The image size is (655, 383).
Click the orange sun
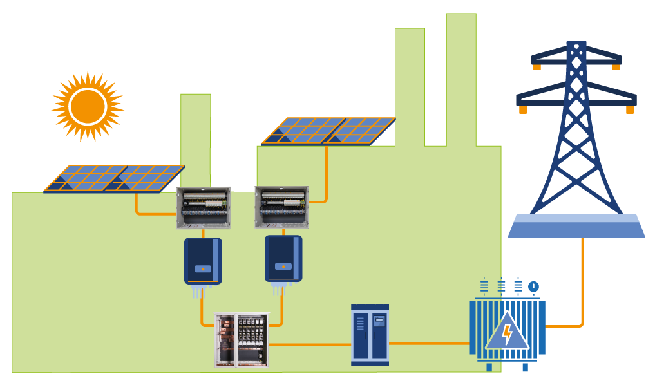(x=88, y=106)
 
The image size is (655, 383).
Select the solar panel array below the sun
(x=114, y=178)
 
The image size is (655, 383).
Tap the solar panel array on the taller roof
(x=328, y=131)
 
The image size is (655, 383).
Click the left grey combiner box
(x=204, y=207)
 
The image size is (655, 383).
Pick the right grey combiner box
(x=281, y=207)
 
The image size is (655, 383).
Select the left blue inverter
(x=203, y=261)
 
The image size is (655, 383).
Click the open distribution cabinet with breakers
(x=242, y=340)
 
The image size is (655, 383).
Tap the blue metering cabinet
(x=370, y=335)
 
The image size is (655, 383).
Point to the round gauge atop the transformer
(x=533, y=286)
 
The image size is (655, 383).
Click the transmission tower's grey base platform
(x=576, y=227)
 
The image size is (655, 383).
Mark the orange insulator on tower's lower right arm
(x=629, y=110)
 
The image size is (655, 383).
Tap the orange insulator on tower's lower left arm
(x=523, y=110)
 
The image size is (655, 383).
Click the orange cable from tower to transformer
(x=582, y=283)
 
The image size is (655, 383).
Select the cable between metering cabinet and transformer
(x=428, y=343)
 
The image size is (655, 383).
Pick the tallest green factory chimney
(x=461, y=77)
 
